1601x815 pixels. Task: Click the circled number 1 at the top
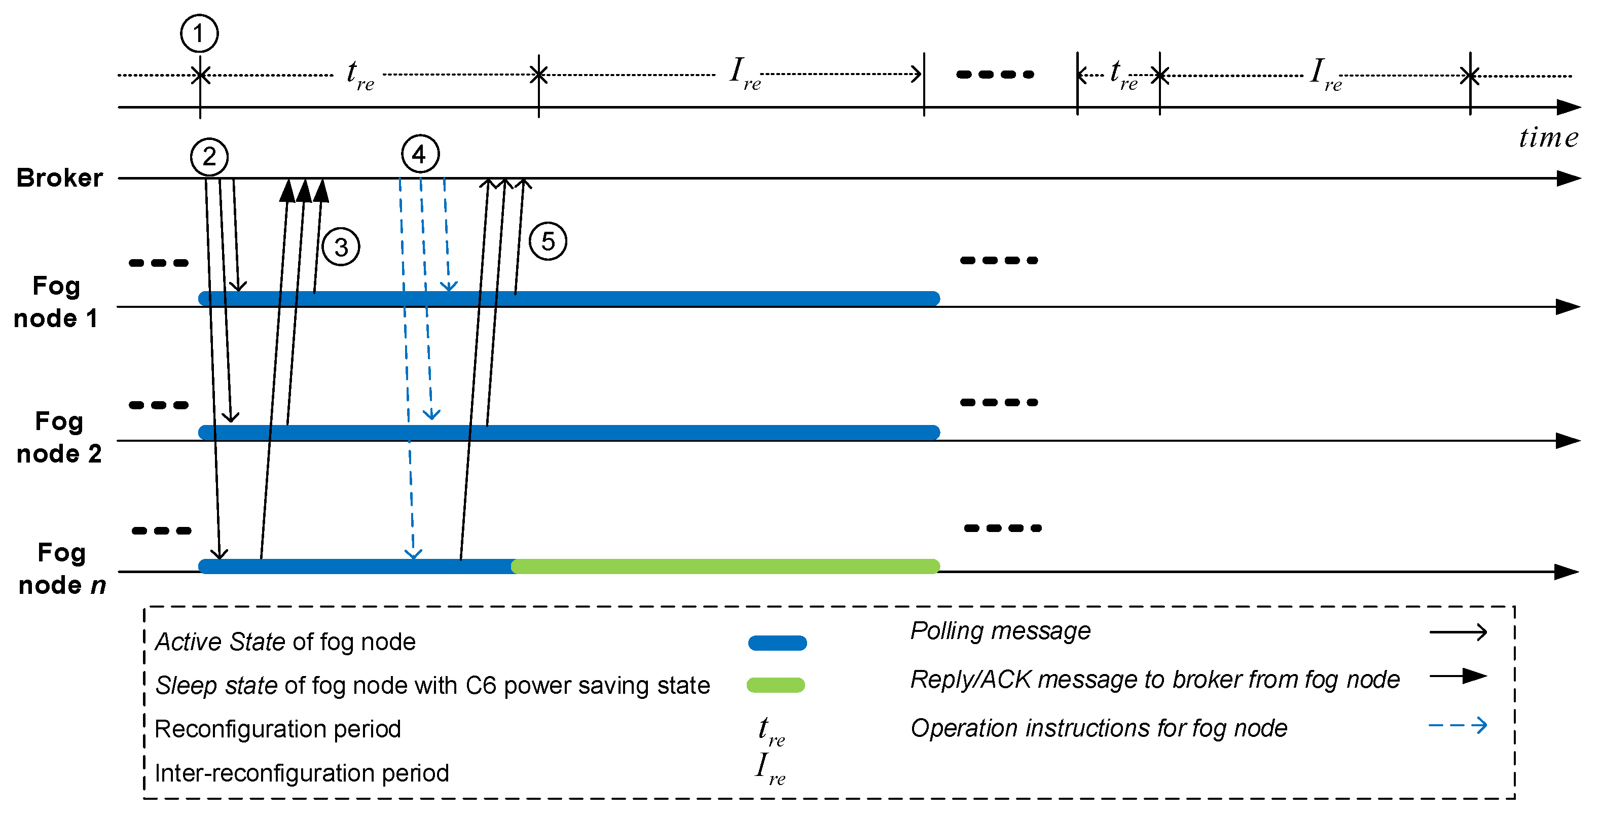point(199,33)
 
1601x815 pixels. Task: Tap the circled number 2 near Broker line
point(209,156)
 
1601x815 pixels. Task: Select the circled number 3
point(341,247)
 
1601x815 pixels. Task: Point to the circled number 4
point(420,154)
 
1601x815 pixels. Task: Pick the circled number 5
point(548,241)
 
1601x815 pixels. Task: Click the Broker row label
point(59,178)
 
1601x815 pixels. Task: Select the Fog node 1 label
point(56,302)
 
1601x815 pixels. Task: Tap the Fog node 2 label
point(58,437)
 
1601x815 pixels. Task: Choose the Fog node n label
point(61,568)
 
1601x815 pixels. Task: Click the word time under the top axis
point(1548,137)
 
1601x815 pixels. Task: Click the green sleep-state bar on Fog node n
point(724,565)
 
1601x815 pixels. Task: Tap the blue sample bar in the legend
point(777,643)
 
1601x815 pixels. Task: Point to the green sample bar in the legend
point(776,685)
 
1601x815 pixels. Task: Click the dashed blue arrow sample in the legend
point(1458,725)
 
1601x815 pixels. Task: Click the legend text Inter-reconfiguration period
point(302,773)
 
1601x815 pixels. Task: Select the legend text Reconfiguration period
point(277,729)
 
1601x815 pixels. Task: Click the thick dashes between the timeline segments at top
point(994,75)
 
